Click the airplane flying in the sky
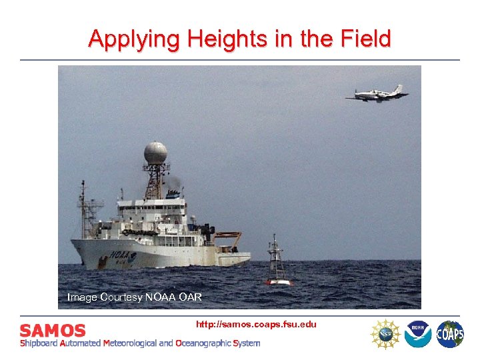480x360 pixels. pyautogui.click(x=377, y=94)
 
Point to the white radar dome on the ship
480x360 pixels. pyautogui.click(x=155, y=153)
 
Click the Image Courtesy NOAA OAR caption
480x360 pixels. pyautogui.click(x=134, y=297)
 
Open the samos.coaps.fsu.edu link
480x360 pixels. pyautogui.click(x=256, y=324)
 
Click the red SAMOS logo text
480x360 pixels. pyautogui.click(x=53, y=331)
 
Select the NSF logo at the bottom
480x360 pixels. pyautogui.click(x=385, y=333)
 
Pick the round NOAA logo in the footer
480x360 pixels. pyautogui.click(x=417, y=333)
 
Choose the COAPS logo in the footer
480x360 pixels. pyautogui.click(x=450, y=333)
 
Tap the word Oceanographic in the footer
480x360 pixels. pyautogui.click(x=203, y=343)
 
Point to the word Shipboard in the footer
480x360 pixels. pyautogui.click(x=39, y=343)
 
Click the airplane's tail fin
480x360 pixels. pyautogui.click(x=397, y=89)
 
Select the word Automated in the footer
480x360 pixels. pyautogui.click(x=80, y=343)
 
